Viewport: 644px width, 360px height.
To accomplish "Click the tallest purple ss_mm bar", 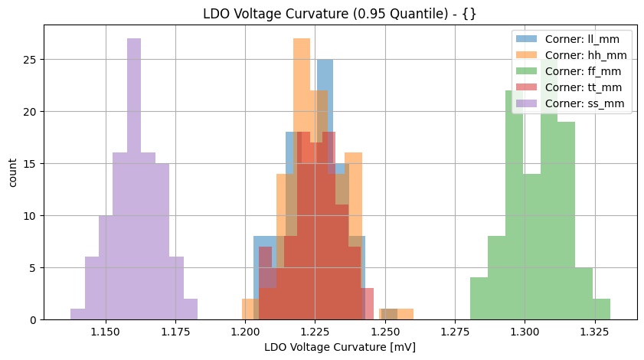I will (134, 176).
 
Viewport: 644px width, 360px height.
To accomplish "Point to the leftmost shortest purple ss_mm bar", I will (77, 314).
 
